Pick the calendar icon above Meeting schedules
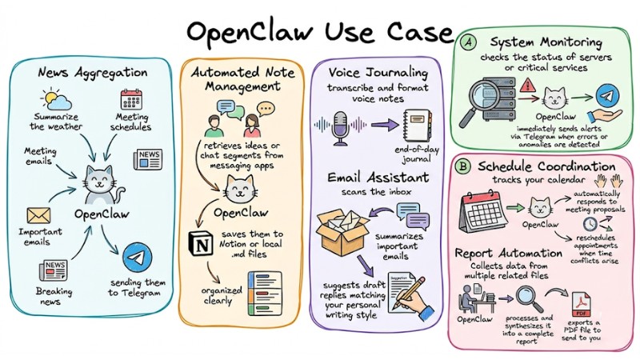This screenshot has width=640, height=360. (130, 101)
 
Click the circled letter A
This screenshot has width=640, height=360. (470, 41)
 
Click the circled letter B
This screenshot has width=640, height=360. (463, 167)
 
